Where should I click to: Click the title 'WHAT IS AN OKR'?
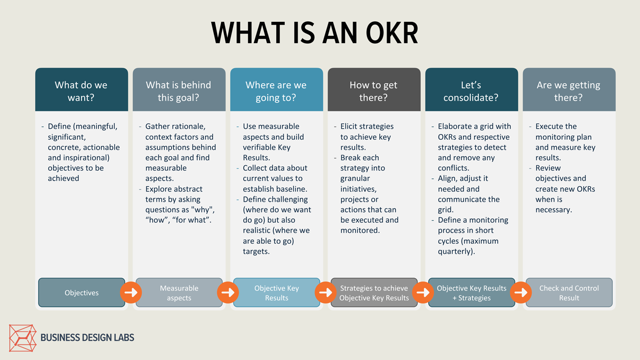(x=315, y=33)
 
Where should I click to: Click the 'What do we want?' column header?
(x=81, y=91)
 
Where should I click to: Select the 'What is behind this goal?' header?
(x=178, y=91)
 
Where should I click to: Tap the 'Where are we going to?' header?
(x=276, y=91)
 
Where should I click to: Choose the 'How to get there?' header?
(x=373, y=91)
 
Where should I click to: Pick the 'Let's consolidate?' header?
(x=471, y=91)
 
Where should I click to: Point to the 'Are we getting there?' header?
(x=568, y=91)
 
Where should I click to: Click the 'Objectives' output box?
(x=82, y=293)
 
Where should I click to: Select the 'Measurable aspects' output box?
(x=179, y=293)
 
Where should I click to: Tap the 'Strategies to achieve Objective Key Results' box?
(x=374, y=293)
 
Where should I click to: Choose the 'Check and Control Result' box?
(x=569, y=293)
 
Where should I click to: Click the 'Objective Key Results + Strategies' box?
(x=471, y=293)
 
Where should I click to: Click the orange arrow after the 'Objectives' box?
(x=130, y=292)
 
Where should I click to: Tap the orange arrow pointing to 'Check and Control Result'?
(x=520, y=292)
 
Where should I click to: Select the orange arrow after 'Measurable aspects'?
(x=228, y=292)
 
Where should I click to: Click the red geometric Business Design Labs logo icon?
(x=23, y=338)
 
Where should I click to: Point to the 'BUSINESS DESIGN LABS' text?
(x=87, y=338)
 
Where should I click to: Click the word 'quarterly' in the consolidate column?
(x=454, y=251)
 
